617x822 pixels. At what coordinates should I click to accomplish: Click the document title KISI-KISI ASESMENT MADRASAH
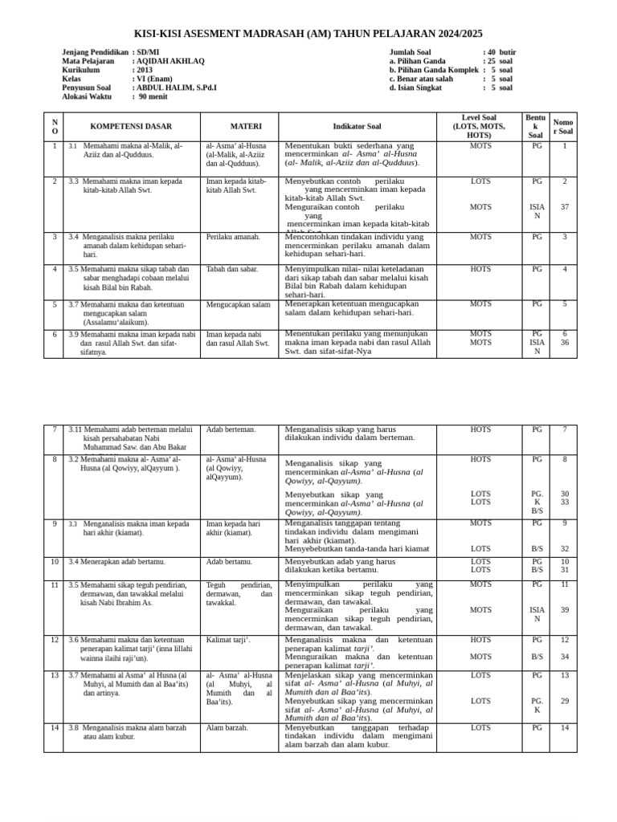click(308, 34)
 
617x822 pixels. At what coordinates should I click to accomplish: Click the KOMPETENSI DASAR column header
click(132, 127)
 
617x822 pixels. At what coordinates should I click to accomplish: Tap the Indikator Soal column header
click(358, 127)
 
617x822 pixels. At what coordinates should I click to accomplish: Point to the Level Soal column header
click(479, 126)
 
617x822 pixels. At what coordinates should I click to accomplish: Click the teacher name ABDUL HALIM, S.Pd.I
click(176, 87)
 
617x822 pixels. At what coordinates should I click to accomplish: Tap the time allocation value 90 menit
click(153, 96)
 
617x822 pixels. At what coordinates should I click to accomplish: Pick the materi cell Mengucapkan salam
click(238, 305)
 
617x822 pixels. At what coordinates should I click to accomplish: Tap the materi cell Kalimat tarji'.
click(228, 640)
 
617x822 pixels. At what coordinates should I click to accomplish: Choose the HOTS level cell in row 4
click(480, 270)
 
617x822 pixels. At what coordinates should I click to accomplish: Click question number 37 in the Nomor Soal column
click(564, 207)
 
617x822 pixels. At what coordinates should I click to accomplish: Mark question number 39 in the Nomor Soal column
click(564, 610)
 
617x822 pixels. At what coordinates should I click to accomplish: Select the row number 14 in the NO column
click(55, 728)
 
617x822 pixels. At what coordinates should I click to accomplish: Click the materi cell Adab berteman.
click(231, 430)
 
